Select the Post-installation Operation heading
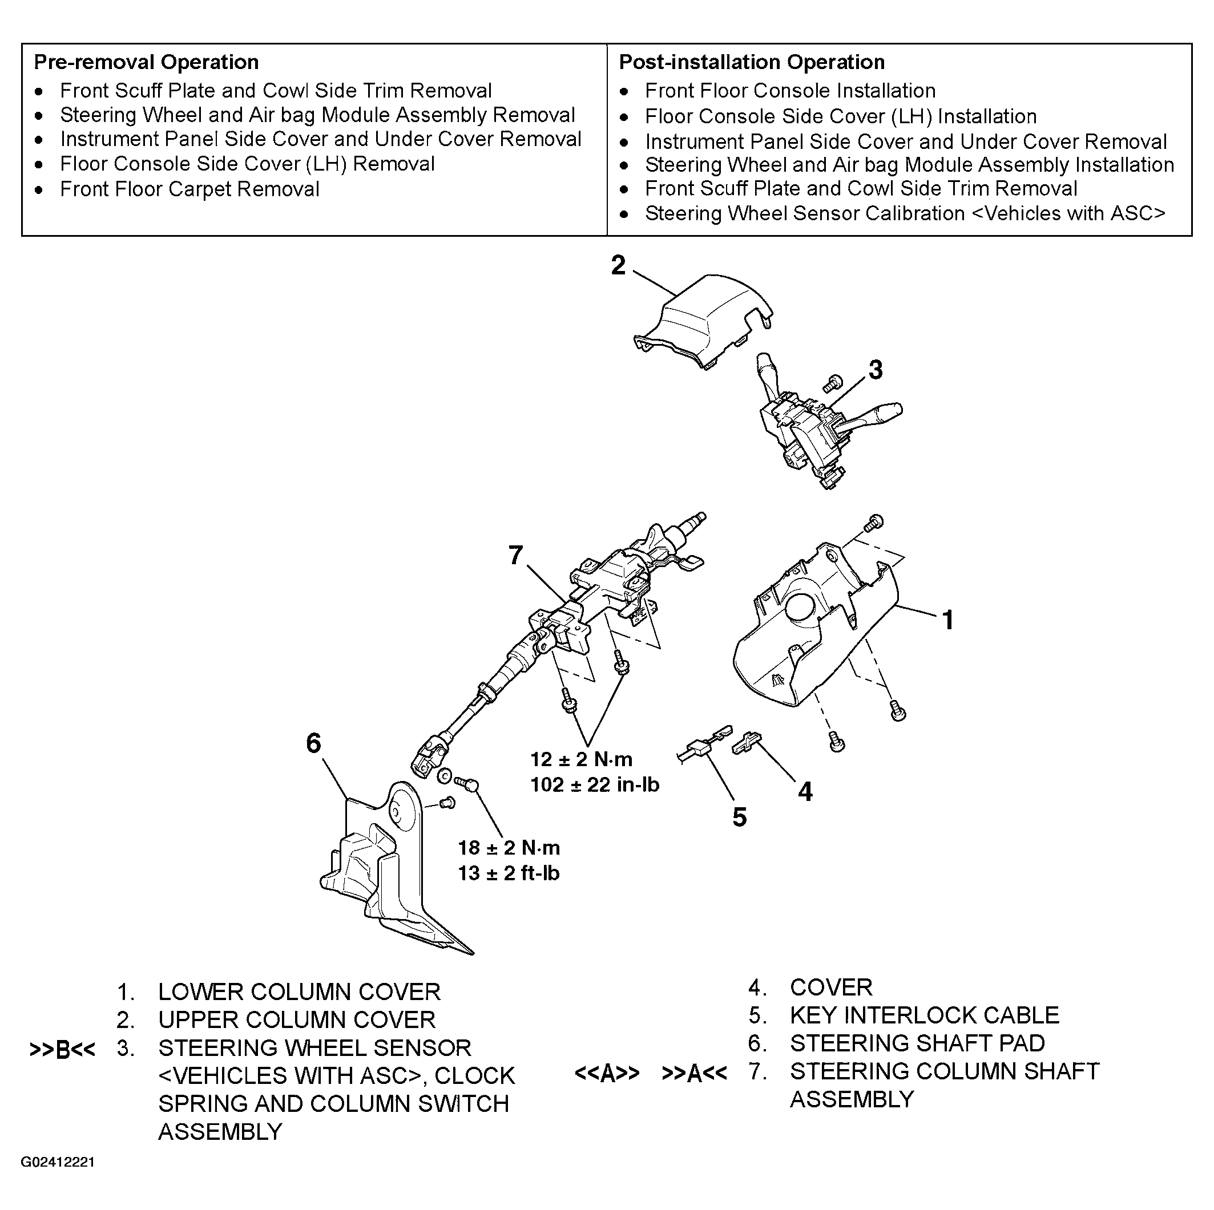[752, 62]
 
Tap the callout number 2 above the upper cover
[618, 266]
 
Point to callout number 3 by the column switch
[876, 370]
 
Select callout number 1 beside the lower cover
[948, 620]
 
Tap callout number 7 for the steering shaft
[515, 555]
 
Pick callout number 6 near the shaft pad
[313, 743]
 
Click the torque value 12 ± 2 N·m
[581, 760]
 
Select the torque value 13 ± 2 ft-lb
[509, 873]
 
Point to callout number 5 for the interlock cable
[740, 817]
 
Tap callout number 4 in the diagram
[805, 792]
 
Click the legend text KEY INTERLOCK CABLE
[924, 1015]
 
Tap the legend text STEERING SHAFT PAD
[917, 1043]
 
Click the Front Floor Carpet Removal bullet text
[189, 189]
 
